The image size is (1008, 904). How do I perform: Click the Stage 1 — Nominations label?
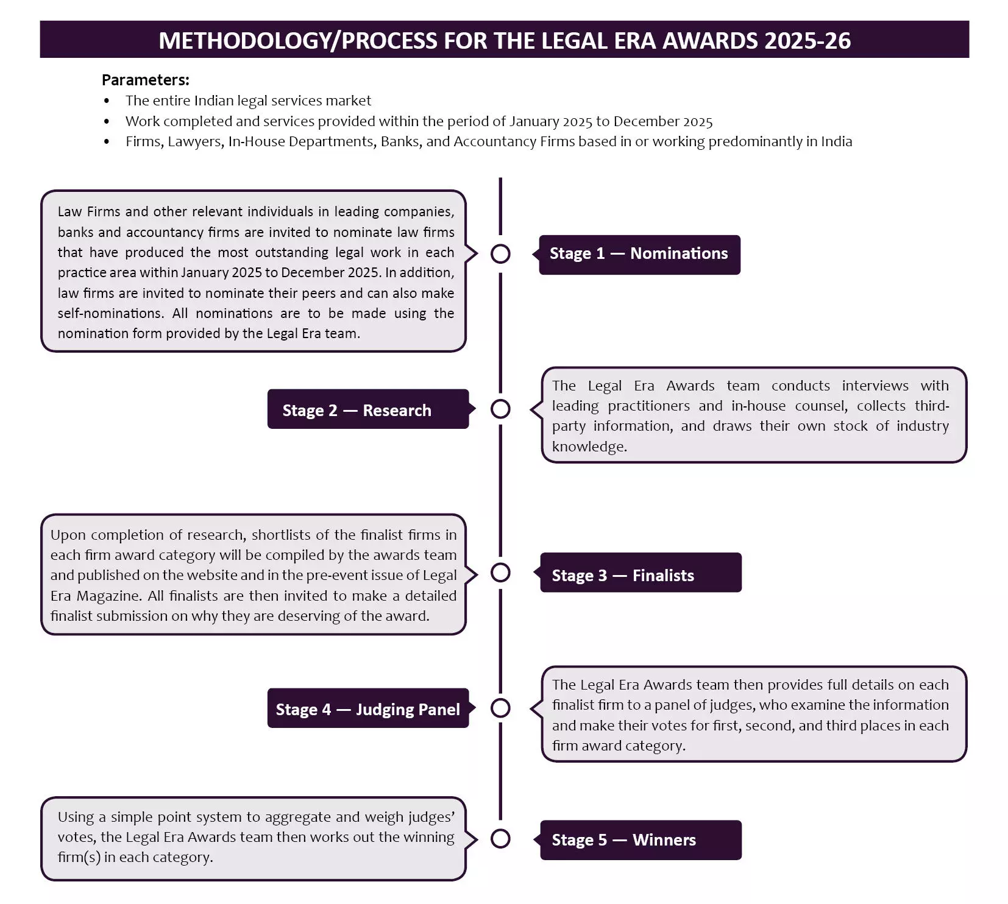[639, 254]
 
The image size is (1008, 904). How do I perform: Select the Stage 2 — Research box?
[367, 410]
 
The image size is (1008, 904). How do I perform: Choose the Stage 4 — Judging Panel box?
[367, 709]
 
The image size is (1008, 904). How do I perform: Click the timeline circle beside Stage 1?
[500, 253]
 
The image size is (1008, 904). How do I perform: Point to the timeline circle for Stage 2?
[500, 409]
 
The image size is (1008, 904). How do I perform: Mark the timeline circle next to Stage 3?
[500, 573]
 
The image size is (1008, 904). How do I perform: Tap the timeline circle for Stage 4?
[500, 708]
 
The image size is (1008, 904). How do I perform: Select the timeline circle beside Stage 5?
[500, 839]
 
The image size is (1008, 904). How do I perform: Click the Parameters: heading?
[145, 80]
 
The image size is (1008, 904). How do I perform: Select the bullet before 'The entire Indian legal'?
[107, 101]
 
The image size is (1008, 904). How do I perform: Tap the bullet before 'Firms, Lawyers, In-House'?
[107, 142]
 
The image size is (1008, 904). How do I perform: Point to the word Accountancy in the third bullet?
[492, 141]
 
